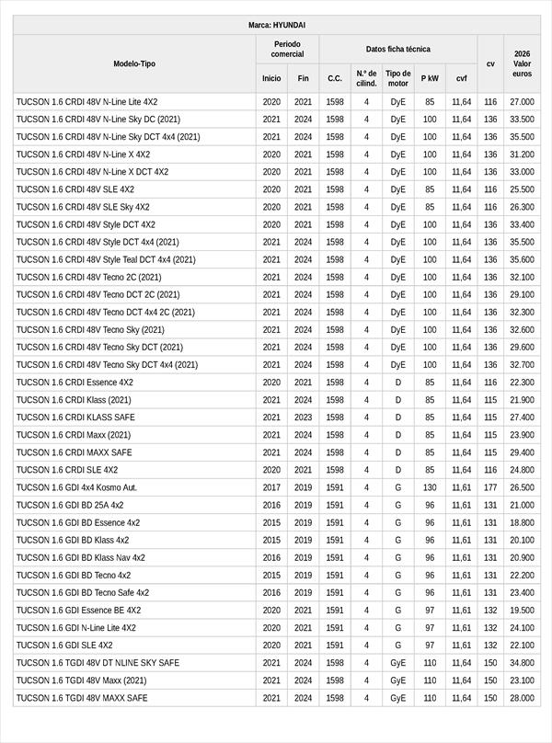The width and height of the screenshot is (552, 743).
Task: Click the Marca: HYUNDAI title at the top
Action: tap(277, 25)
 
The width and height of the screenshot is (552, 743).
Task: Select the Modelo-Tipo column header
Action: tap(134, 63)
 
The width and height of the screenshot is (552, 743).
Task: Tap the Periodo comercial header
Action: tap(287, 49)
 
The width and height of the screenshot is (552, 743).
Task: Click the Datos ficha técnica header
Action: tap(397, 49)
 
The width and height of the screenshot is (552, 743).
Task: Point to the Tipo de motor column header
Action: tap(397, 78)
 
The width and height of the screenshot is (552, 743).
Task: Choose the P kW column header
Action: tap(430, 78)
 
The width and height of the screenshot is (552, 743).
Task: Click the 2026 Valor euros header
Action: tap(522, 63)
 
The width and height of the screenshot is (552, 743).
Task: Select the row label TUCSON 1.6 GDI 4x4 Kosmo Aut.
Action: tap(76, 487)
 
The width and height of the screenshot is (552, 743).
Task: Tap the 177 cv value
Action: tap(490, 487)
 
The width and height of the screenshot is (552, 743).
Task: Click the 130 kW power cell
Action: tap(430, 487)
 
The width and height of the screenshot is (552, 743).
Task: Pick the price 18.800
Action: tap(522, 522)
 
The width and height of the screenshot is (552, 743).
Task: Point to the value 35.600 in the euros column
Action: tap(522, 259)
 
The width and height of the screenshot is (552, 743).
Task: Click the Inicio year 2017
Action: tap(271, 487)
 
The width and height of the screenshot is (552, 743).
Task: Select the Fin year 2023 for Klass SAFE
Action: tap(303, 417)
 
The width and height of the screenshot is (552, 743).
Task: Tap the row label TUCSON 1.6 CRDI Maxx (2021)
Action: tap(74, 435)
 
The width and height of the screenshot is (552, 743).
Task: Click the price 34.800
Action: tap(522, 663)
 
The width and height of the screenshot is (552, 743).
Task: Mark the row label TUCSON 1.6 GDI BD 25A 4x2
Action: tap(70, 505)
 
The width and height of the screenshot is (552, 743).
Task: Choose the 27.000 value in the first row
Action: tap(522, 101)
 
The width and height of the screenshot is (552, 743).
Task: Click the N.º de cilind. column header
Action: tap(366, 78)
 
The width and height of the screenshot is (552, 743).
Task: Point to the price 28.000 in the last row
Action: tap(522, 698)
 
